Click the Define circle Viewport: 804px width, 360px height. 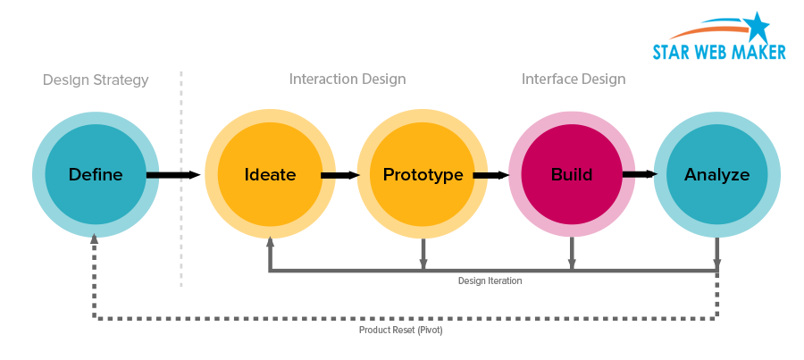coord(96,175)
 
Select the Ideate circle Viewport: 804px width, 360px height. coord(270,175)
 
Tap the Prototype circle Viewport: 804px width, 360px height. coord(423,175)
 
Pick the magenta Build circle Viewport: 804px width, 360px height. coord(572,175)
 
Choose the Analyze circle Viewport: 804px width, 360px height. coord(716,175)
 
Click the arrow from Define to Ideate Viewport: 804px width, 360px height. coord(173,175)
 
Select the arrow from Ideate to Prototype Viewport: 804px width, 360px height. coord(339,175)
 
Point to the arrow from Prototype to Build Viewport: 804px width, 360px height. coord(490,175)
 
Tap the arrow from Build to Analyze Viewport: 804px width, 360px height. coord(640,175)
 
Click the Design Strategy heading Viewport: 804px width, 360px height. coord(96,80)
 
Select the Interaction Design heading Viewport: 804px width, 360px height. coord(348,80)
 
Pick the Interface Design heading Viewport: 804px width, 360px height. coord(574,80)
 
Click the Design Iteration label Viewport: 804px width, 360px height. coord(490,280)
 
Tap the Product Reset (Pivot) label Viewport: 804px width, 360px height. coord(400,330)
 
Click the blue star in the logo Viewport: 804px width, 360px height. coord(756,28)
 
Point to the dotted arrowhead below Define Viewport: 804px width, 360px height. coord(94,239)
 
